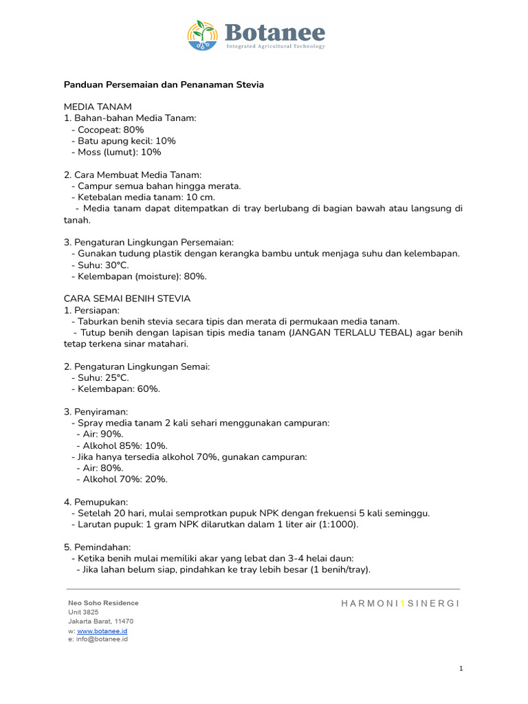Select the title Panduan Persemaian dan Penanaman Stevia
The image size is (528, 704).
point(164,85)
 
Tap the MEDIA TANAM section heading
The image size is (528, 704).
point(98,107)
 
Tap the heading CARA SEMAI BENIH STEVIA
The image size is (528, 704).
point(127,298)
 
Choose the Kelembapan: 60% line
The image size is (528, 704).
point(115,388)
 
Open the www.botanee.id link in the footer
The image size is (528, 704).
point(102,630)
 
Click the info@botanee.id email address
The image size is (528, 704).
point(102,639)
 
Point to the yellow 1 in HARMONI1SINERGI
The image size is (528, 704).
point(403,603)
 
